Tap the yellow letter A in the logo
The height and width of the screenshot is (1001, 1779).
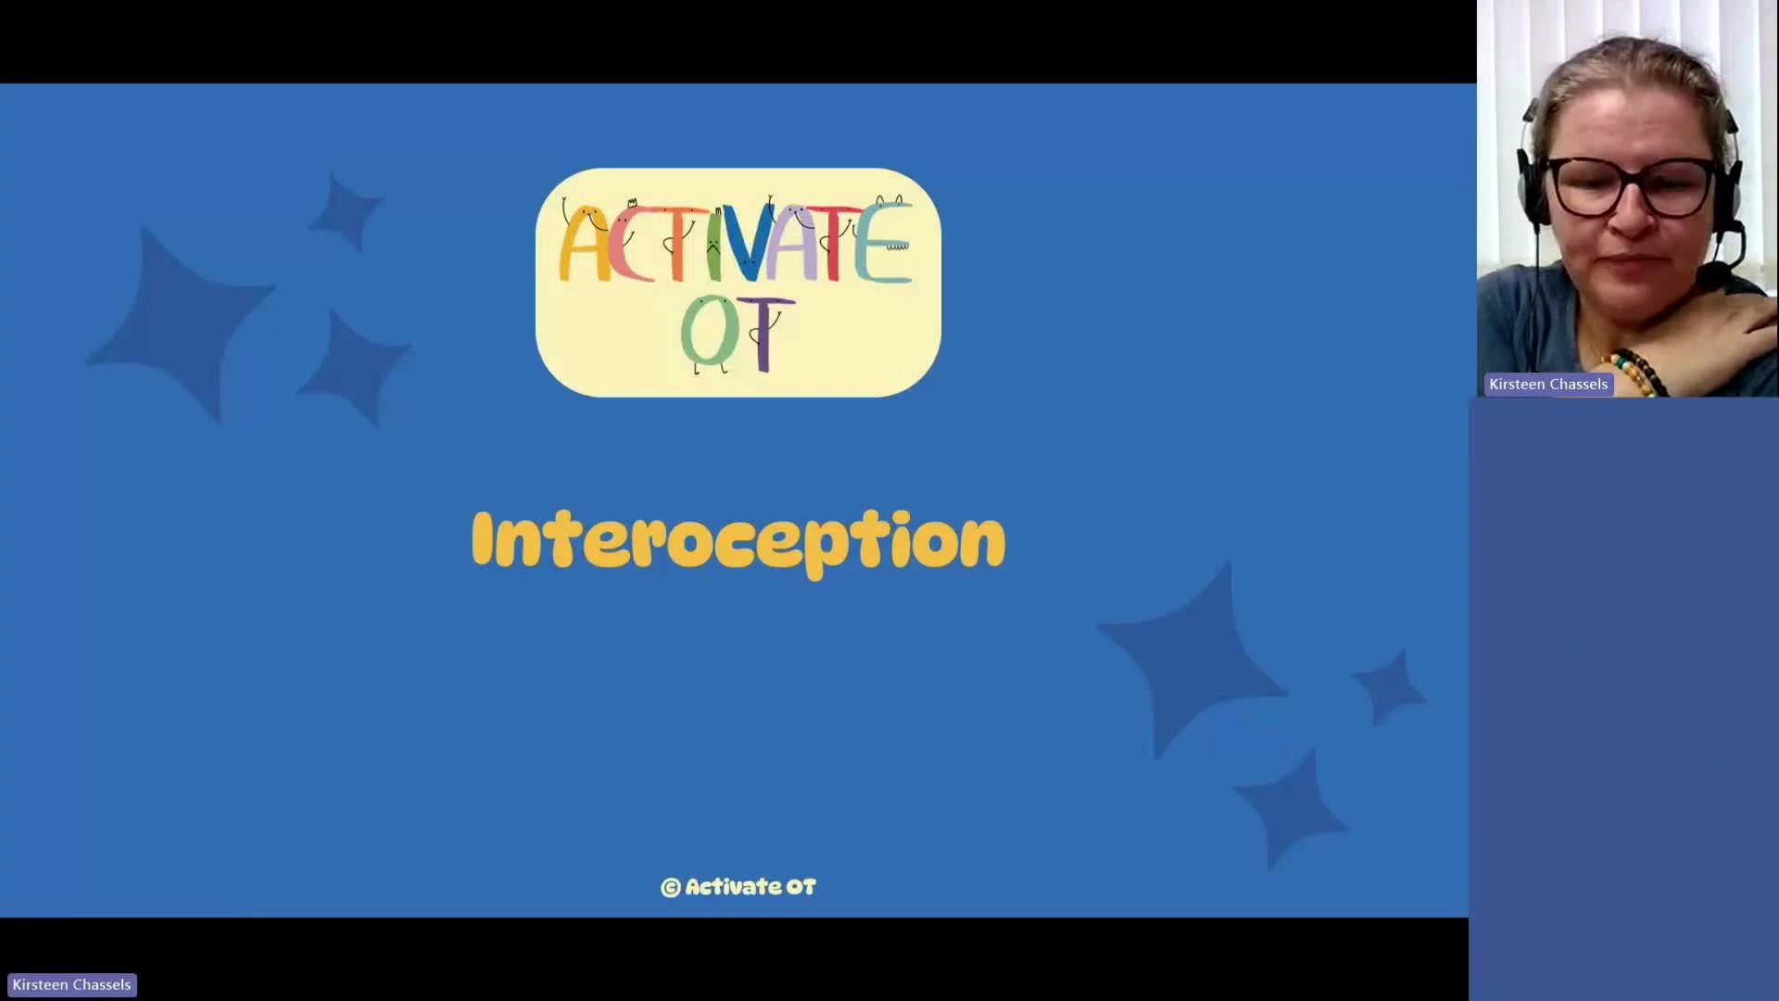point(583,244)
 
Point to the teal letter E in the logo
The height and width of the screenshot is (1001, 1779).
point(882,243)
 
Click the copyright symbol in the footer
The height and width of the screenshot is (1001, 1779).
point(671,888)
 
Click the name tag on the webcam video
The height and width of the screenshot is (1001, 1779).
point(1548,385)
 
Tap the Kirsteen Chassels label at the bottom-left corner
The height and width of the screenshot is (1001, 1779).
point(72,985)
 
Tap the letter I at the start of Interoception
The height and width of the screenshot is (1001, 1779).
point(482,538)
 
